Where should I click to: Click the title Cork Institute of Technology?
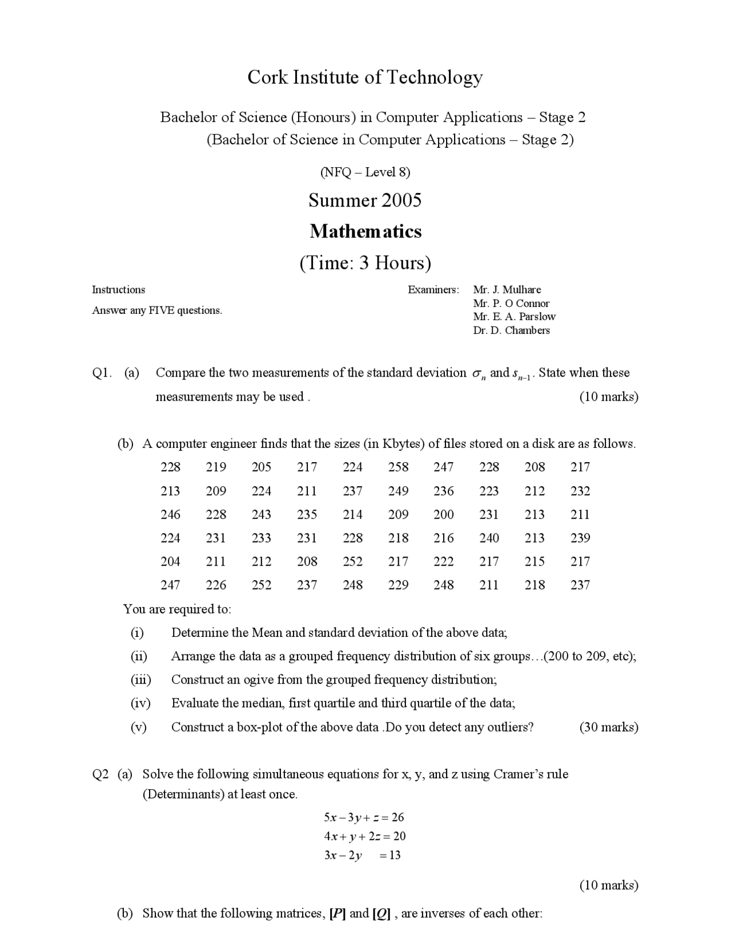click(365, 77)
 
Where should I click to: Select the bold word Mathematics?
click(365, 231)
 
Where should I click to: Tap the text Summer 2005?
click(365, 200)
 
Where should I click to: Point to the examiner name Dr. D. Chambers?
click(511, 330)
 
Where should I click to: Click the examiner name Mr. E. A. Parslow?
click(514, 317)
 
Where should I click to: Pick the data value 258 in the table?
click(398, 467)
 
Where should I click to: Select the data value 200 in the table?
click(444, 515)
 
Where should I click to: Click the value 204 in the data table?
click(170, 562)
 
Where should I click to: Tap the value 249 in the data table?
click(398, 491)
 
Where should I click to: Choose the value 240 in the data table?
click(489, 538)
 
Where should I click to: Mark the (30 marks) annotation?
click(609, 727)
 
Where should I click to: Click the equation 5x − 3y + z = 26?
click(364, 817)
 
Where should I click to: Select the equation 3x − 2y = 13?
click(362, 855)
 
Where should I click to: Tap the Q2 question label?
click(100, 774)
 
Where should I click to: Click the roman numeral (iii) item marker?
click(140, 680)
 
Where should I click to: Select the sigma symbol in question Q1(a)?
click(477, 374)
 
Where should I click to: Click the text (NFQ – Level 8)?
click(365, 172)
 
